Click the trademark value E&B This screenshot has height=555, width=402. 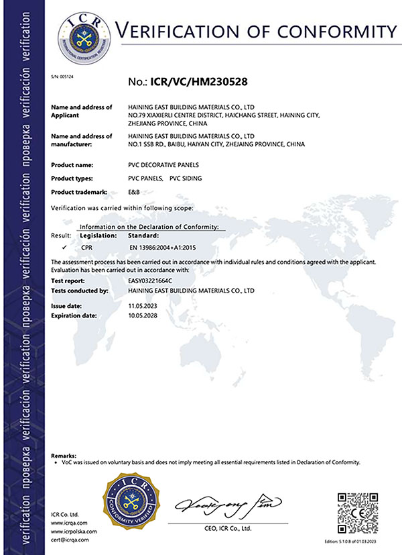coord(133,193)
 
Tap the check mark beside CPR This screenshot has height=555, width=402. coord(62,248)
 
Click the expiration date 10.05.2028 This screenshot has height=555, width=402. coord(141,315)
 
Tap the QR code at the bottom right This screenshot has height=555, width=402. coord(355,513)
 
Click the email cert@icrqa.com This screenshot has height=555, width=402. coord(73,539)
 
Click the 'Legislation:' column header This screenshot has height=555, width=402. coord(98,236)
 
